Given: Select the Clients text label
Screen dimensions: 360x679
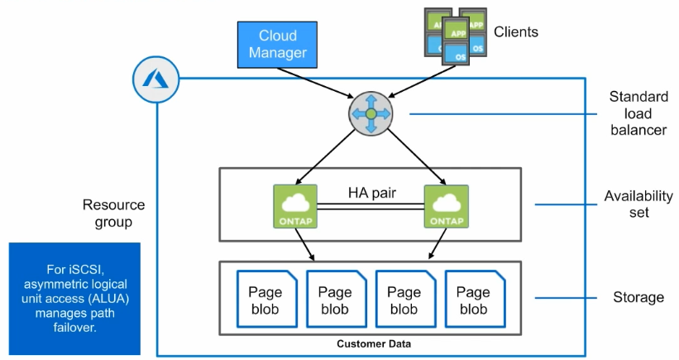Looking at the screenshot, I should pyautogui.click(x=516, y=32).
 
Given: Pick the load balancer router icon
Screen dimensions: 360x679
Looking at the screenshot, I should pyautogui.click(x=371, y=113).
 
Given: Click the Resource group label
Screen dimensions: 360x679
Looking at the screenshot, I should pyautogui.click(x=113, y=214).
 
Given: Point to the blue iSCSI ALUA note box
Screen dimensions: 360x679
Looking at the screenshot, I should pyautogui.click(x=75, y=298).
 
